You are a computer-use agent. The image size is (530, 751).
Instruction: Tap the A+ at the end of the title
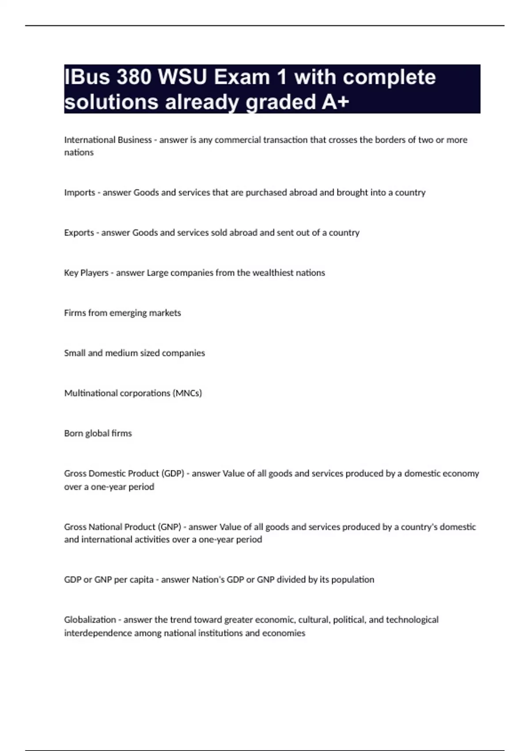(x=336, y=102)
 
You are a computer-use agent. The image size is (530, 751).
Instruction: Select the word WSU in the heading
(x=182, y=77)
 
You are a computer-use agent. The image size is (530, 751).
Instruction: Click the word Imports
(x=79, y=193)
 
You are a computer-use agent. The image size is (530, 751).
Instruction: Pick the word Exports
(x=79, y=233)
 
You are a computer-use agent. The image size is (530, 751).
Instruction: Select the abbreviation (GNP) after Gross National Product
(x=170, y=527)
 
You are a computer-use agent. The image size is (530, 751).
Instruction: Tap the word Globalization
(x=90, y=620)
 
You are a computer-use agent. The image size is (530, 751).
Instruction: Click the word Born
(x=73, y=433)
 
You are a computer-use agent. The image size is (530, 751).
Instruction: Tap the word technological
(x=412, y=620)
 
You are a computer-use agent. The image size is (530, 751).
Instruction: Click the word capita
(x=141, y=580)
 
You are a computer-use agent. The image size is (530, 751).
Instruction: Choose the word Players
(x=94, y=273)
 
